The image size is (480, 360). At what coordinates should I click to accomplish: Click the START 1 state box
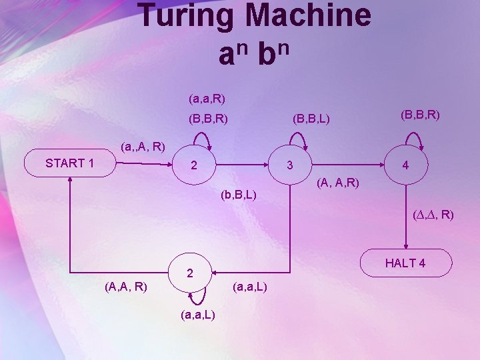click(x=69, y=163)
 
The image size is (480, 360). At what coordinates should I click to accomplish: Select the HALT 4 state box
click(x=405, y=263)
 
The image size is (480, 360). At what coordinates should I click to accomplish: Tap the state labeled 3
click(x=289, y=165)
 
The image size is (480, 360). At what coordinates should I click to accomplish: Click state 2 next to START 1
click(x=193, y=165)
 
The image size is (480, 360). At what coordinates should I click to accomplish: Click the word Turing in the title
click(x=185, y=16)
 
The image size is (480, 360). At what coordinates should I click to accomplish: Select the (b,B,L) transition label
click(x=238, y=196)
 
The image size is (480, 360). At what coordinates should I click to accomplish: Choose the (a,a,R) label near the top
click(x=207, y=99)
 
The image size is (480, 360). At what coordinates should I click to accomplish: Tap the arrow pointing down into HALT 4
click(x=405, y=220)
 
